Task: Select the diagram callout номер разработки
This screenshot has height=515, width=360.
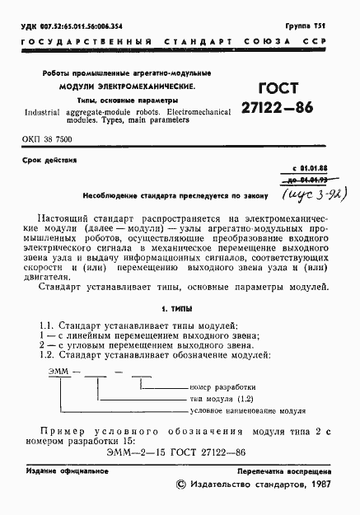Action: tap(222, 386)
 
